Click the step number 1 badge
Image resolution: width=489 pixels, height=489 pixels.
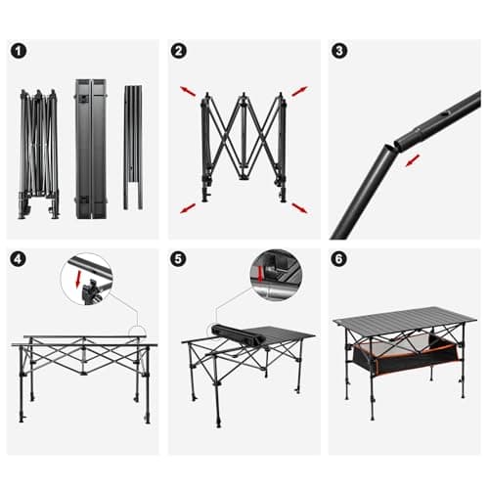pos(20,51)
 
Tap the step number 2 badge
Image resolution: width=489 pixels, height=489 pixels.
pos(178,51)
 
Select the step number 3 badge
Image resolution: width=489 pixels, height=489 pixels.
pos(339,51)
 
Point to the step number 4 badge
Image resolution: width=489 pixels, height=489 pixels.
pos(20,259)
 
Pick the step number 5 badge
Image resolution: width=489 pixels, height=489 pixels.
pos(178,259)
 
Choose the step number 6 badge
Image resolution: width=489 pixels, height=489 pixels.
pos(339,259)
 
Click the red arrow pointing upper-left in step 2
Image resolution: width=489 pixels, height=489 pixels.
pos(187,92)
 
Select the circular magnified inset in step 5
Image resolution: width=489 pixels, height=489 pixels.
pos(273,275)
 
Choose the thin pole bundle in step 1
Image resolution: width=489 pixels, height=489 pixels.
pos(133,147)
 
